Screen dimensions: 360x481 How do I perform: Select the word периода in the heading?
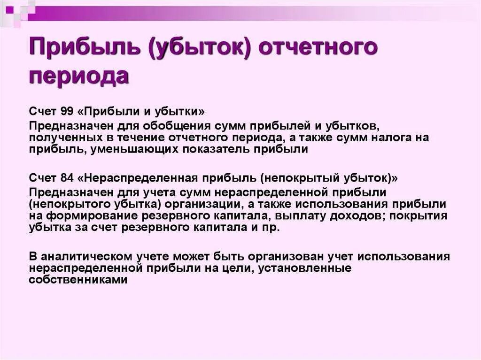[x=79, y=77]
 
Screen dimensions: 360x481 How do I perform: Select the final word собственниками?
[x=78, y=279]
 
